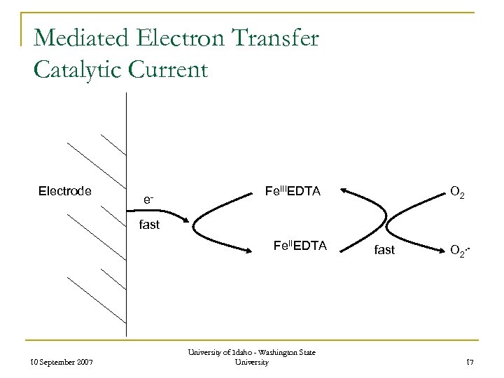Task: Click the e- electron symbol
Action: [148, 199]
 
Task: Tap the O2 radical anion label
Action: [458, 249]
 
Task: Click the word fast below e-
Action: [149, 225]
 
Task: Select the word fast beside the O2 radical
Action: [384, 249]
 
